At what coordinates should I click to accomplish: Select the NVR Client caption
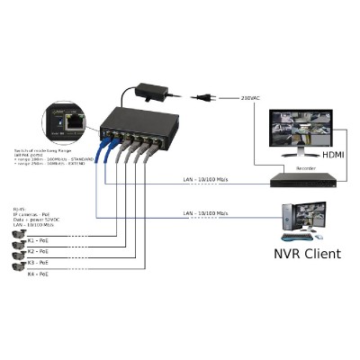click(x=306, y=253)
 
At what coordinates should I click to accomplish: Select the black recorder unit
click(x=307, y=179)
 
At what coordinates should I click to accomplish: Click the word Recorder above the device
click(x=305, y=167)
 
